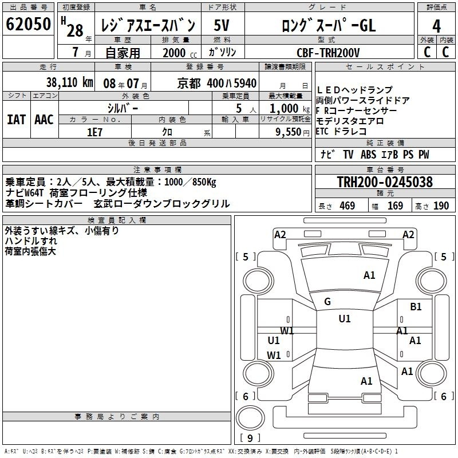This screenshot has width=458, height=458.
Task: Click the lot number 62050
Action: (28, 24)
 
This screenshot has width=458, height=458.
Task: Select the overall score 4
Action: (436, 26)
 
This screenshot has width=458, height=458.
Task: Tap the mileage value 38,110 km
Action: (69, 82)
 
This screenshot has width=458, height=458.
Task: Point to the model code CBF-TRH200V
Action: (328, 53)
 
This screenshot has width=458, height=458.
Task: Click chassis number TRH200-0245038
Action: (385, 182)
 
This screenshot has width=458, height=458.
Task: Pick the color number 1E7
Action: (94, 132)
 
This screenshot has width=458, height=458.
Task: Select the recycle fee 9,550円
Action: (293, 132)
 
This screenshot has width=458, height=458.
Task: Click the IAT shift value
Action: (17, 120)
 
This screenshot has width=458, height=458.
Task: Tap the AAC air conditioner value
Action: (44, 120)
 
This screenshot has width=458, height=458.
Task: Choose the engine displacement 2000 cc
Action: (180, 53)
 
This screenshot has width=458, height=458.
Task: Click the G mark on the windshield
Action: (327, 302)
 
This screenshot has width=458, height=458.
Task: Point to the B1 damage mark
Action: (416, 307)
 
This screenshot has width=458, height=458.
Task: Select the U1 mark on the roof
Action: (345, 318)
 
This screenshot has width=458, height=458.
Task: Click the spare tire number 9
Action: (250, 438)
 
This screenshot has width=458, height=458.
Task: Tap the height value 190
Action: (441, 206)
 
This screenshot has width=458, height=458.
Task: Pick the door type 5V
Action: (222, 25)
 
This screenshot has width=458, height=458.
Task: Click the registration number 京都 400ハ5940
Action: (217, 84)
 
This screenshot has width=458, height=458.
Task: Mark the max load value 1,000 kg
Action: (290, 109)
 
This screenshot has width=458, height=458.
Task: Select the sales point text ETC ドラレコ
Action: (341, 132)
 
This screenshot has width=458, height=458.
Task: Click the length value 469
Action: (348, 206)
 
